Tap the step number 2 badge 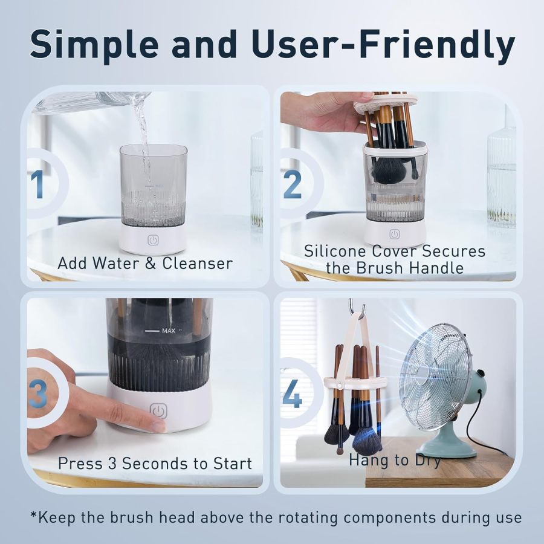tap(293, 184)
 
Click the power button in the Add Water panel tap(153, 240)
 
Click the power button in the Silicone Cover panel tap(395, 234)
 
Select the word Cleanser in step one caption tap(198, 264)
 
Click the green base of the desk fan tap(447, 447)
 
